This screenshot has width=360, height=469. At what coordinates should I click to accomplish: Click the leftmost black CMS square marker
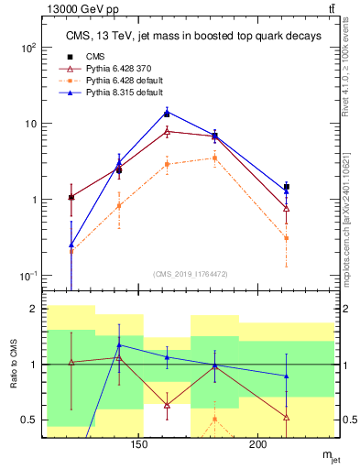[x=71, y=197]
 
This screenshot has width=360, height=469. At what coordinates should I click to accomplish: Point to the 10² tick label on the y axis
[x=29, y=48]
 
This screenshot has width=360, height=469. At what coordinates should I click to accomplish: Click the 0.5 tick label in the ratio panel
[x=29, y=420]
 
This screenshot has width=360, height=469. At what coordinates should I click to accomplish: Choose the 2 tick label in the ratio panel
[x=36, y=310]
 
